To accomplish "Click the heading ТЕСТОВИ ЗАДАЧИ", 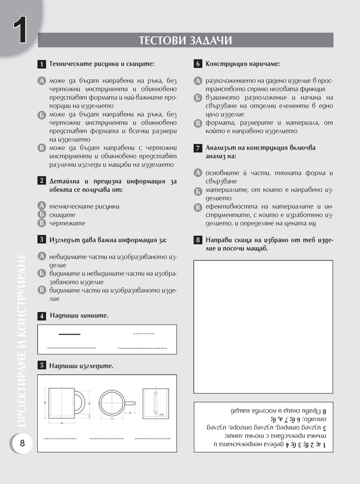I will coord(185,40).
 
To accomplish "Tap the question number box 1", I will coord(41,64).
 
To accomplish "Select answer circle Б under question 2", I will coord(41,214).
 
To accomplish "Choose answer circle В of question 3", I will coord(41,290).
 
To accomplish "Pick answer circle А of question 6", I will coord(197,80).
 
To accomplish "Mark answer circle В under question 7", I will coord(197,208).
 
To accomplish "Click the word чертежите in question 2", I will coord(66,223).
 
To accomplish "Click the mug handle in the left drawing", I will coord(78,401).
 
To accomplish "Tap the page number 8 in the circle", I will coord(22,443).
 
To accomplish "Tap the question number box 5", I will coord(41,365).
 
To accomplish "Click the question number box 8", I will coord(197,241).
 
